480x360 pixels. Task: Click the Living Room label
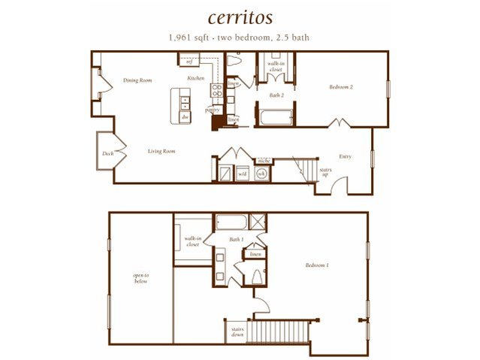tap(161, 151)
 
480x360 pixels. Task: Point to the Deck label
tap(107, 155)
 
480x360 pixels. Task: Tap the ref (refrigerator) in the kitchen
tap(190, 61)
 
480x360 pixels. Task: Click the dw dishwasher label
tap(184, 116)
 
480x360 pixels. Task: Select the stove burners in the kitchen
tap(216, 93)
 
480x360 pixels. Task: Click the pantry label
tap(213, 109)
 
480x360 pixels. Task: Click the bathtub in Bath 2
tap(275, 118)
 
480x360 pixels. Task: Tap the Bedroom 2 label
tap(340, 87)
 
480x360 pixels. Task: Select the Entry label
tap(345, 156)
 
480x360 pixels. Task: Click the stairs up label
tap(325, 172)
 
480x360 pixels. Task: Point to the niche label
tap(264, 159)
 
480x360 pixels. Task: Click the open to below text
tap(140, 278)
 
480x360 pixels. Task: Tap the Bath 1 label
tap(237, 240)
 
